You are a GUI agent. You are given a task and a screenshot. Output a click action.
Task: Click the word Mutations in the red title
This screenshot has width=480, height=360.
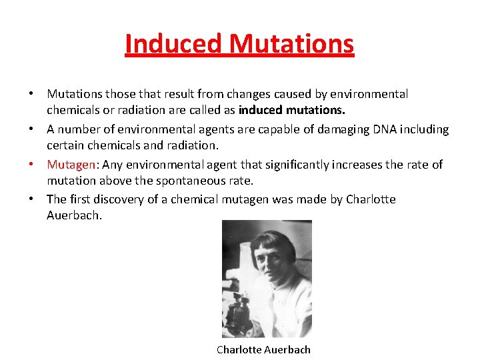click(291, 44)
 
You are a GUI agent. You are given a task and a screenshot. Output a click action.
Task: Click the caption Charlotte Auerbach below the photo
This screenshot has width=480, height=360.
click(263, 349)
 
